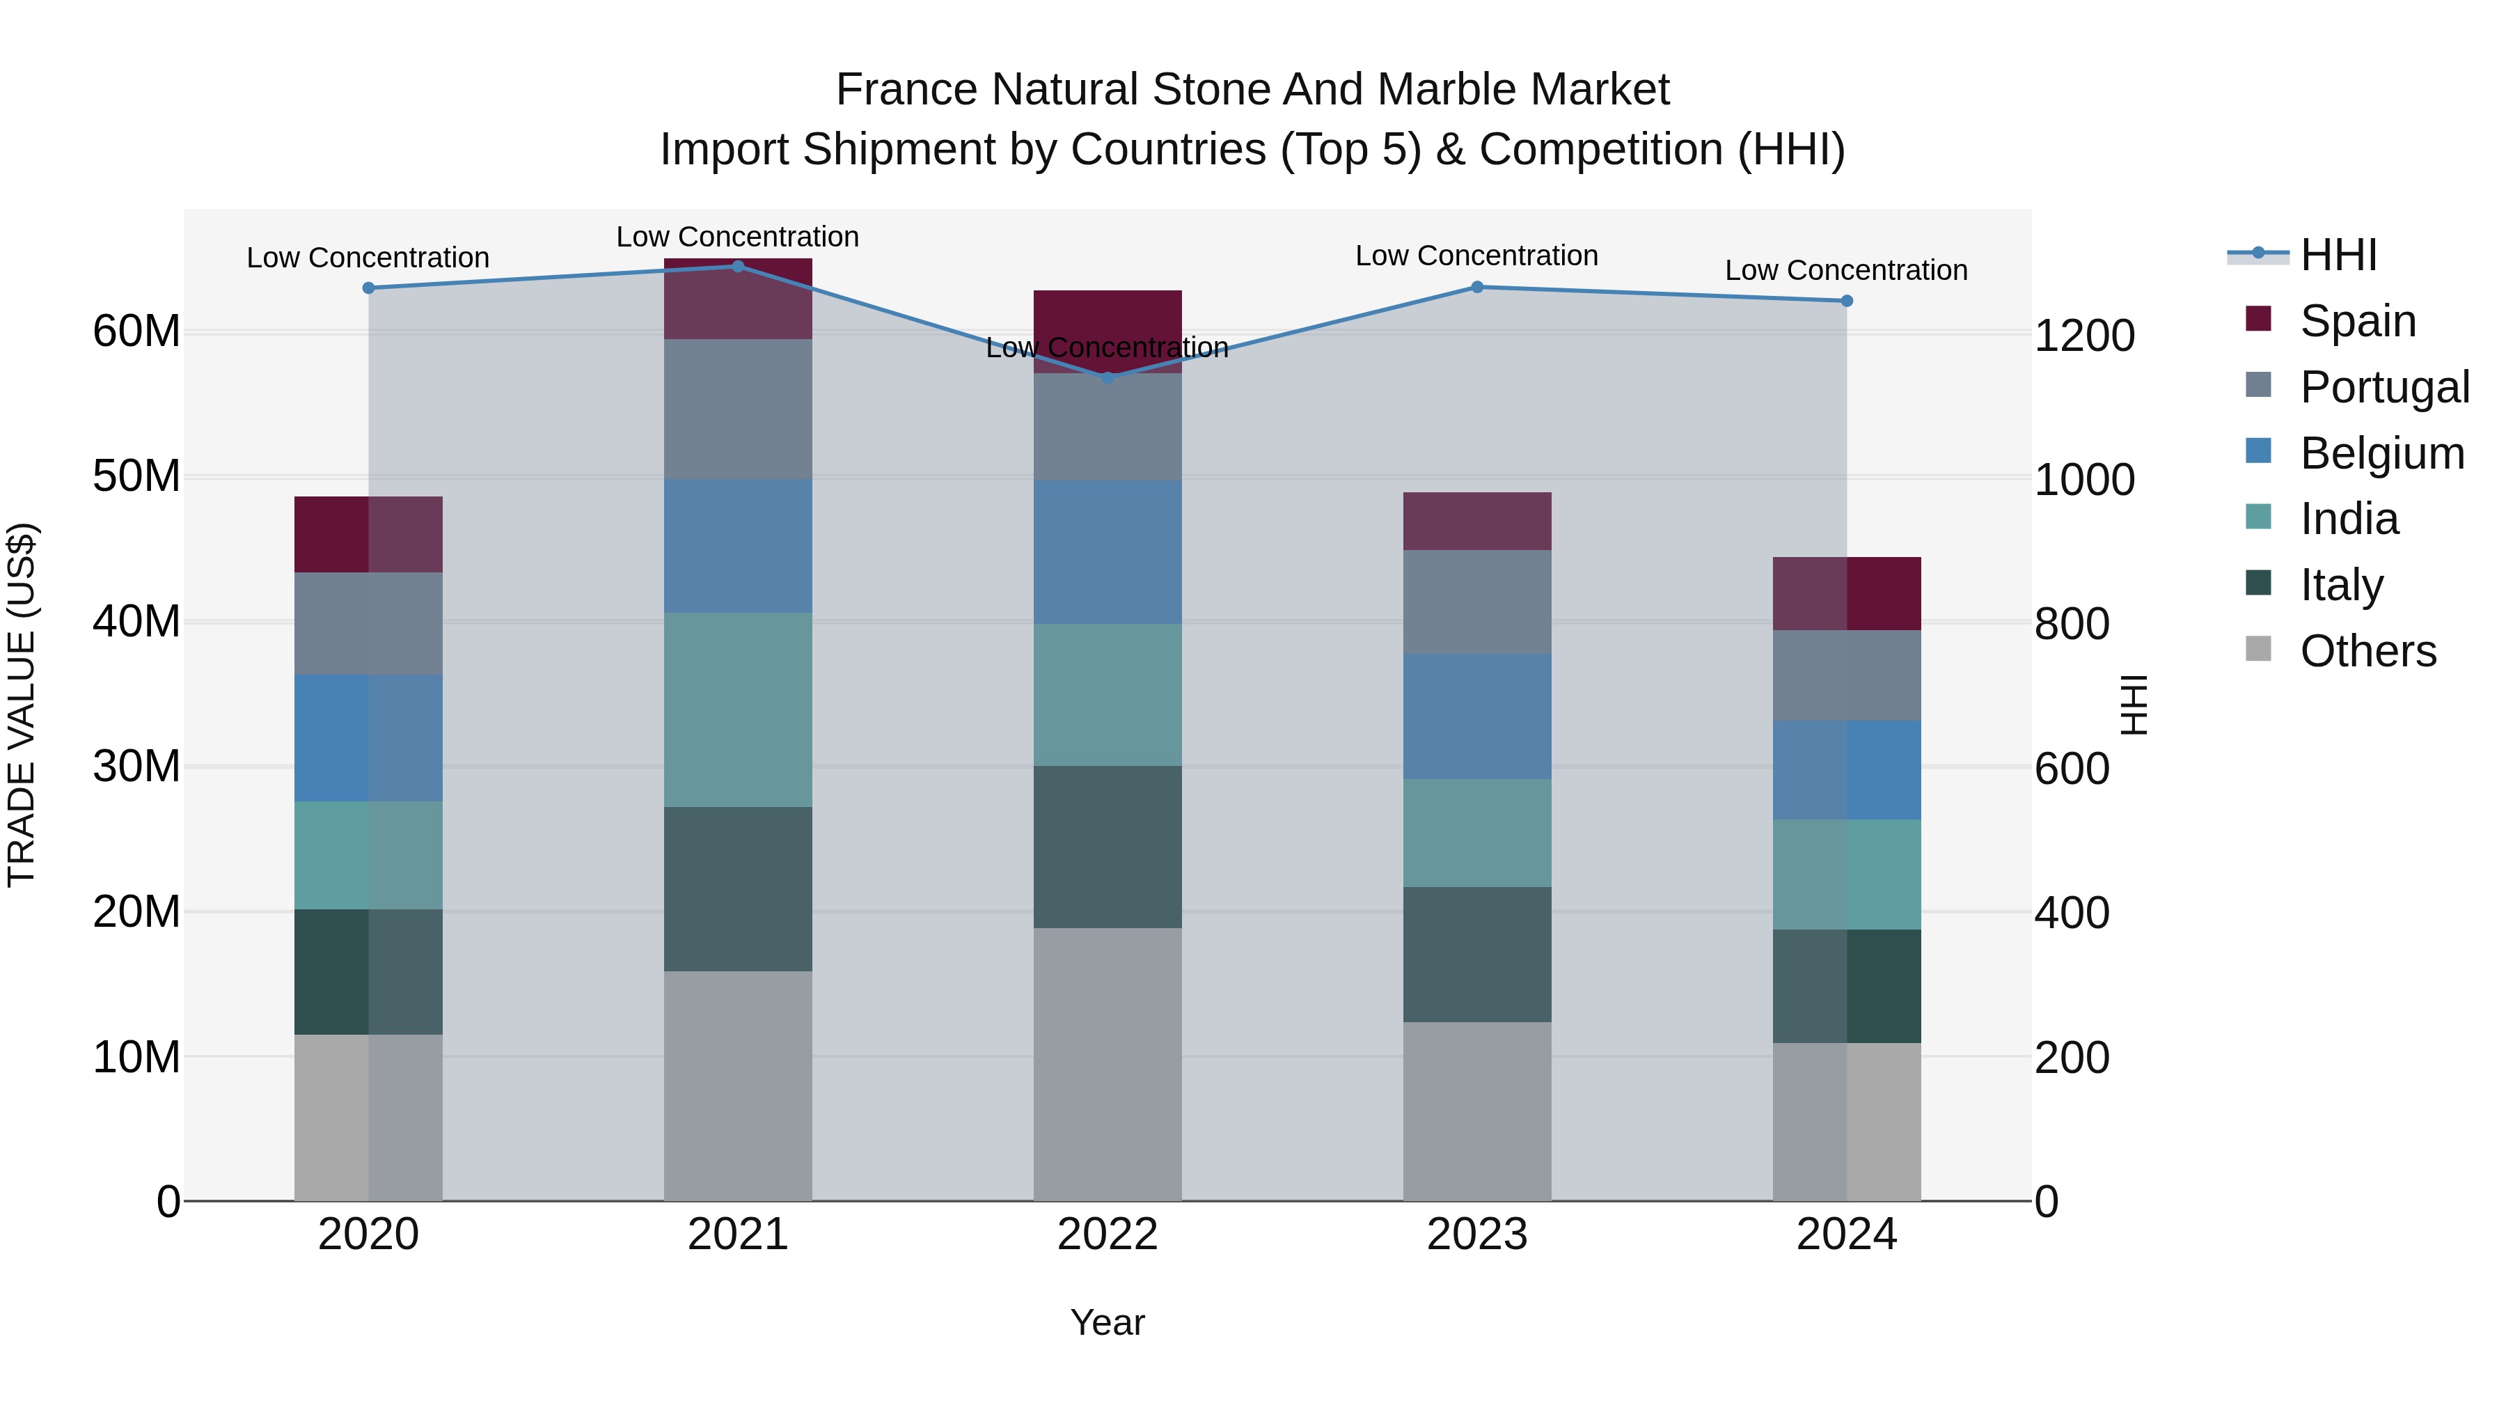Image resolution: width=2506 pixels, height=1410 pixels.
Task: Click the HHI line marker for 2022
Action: click(1107, 377)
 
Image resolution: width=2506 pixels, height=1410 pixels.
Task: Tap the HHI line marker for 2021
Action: click(737, 266)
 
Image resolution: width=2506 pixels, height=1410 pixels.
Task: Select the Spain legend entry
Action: click(2356, 321)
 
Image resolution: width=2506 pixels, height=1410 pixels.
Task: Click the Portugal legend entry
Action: click(2383, 387)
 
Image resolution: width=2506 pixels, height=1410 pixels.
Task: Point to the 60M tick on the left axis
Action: click(136, 332)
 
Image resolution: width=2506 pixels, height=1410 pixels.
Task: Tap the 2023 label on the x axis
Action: click(1476, 1235)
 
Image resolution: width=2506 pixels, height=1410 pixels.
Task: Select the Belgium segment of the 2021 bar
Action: click(737, 545)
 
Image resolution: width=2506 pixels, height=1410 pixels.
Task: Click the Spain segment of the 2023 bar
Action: click(1476, 522)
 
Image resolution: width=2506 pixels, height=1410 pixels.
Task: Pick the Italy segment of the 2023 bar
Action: click(1476, 954)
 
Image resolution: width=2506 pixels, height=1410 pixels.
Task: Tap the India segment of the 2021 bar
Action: click(737, 710)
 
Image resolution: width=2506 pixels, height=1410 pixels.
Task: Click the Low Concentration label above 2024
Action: click(1845, 271)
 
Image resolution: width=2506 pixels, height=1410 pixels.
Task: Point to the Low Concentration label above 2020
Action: click(368, 258)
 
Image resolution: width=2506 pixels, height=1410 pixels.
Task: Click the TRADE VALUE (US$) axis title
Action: click(22, 705)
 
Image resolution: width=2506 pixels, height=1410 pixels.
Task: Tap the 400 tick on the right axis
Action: click(2072, 914)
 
